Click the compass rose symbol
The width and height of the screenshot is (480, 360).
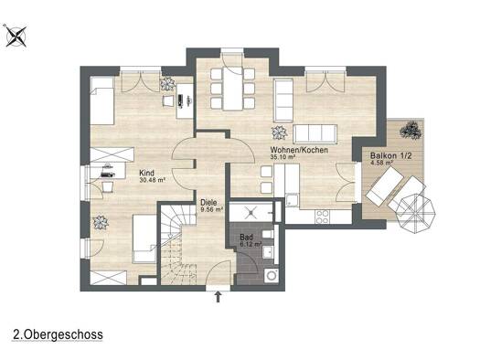tap(16, 37)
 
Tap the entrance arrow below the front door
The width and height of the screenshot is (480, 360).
tap(218, 297)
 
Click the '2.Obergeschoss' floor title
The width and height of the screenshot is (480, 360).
tap(58, 334)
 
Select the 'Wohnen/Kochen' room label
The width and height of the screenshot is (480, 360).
tap(299, 150)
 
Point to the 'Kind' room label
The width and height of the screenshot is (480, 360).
tap(147, 173)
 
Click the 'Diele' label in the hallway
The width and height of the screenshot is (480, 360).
tap(208, 203)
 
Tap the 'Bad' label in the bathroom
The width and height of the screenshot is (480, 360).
tap(247, 238)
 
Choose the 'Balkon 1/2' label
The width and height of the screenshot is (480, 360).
tap(391, 155)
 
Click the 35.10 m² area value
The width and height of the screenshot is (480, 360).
tap(283, 157)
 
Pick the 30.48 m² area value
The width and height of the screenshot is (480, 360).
tap(153, 180)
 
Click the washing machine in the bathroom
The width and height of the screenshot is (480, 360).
tap(272, 276)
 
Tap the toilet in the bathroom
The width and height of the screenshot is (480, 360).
tap(267, 234)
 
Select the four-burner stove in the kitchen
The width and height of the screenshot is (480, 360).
tap(323, 217)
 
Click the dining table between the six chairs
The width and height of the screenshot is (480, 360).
tap(232, 89)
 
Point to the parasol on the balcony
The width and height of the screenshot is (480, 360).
tap(416, 214)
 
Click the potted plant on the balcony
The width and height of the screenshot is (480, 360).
tap(411, 130)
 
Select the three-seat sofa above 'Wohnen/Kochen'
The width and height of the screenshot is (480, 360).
tap(315, 134)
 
